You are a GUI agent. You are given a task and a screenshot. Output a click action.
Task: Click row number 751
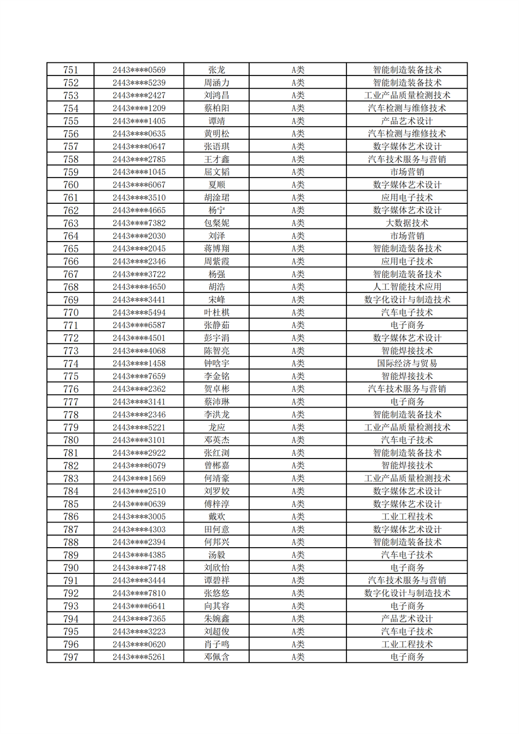pos(70,70)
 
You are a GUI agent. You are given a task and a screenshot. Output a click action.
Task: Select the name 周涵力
pos(216,83)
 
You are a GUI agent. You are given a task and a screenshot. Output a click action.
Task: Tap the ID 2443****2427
pos(139,96)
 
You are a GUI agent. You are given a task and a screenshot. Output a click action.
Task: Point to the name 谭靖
pos(216,121)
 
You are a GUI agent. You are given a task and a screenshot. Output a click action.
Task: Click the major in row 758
pos(406,159)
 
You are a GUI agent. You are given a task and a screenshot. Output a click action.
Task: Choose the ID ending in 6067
pos(139,185)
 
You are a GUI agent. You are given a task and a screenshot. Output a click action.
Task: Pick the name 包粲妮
pos(216,223)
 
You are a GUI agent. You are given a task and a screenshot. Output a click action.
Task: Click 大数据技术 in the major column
pos(406,223)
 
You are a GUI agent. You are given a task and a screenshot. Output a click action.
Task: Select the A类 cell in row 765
pos(297,249)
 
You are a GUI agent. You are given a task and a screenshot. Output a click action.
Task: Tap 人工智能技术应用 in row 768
pos(406,287)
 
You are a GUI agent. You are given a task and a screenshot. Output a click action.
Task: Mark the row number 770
pos(70,313)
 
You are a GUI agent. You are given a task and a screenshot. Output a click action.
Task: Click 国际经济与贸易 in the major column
pos(406,363)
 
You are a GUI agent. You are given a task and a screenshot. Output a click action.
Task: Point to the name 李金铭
pos(216,376)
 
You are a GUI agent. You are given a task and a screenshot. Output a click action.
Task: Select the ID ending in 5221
pos(139,427)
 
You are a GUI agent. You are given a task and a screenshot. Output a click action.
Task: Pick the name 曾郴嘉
pos(216,466)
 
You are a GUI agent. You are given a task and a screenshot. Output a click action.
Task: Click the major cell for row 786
pos(406,516)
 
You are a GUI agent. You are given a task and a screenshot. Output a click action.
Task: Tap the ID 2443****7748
pos(139,568)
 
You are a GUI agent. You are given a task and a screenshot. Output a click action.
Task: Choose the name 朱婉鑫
pos(216,619)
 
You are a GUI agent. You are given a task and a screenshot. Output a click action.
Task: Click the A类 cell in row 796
pos(297,644)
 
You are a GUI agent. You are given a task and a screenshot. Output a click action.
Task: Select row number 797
pos(70,657)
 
